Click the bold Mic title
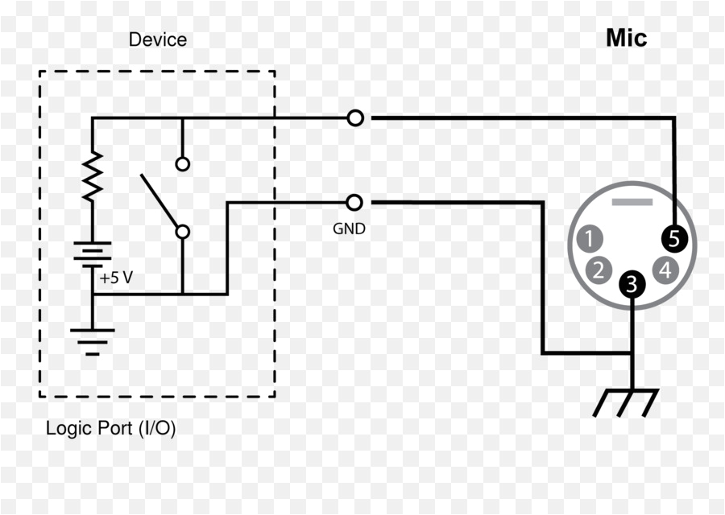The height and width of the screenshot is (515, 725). click(x=626, y=38)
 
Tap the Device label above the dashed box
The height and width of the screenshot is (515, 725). click(x=158, y=39)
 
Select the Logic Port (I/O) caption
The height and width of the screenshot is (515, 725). click(x=110, y=428)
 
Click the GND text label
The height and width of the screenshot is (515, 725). click(x=349, y=229)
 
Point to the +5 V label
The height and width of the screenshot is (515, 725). click(x=117, y=278)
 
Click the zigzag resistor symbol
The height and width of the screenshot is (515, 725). click(x=92, y=176)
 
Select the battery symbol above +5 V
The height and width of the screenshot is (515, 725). click(x=92, y=254)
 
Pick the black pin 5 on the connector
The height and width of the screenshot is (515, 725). click(x=674, y=238)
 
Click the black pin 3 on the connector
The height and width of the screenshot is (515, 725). click(x=632, y=284)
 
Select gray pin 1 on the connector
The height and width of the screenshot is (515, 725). click(x=590, y=238)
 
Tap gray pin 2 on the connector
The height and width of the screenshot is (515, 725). click(x=598, y=270)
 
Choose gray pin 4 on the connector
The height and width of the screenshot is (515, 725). click(x=665, y=270)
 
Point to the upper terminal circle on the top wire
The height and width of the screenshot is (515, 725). click(x=355, y=118)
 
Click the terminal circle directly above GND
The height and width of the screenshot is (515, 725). click(x=355, y=202)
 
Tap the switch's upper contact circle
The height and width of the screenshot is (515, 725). click(x=183, y=164)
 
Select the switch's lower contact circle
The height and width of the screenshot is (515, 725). click(x=183, y=232)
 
